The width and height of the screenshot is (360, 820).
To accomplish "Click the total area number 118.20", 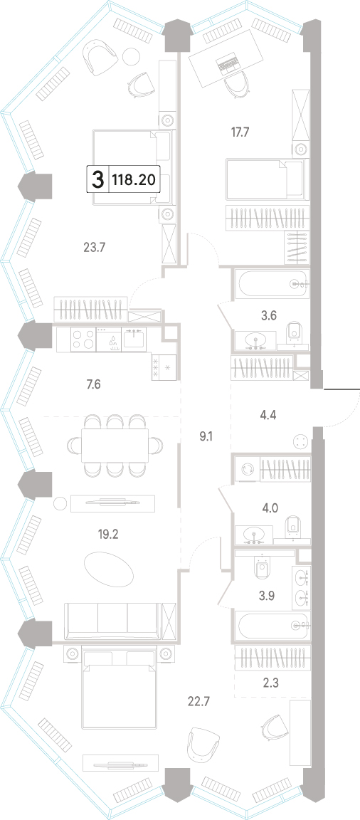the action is pyautogui.click(x=133, y=180).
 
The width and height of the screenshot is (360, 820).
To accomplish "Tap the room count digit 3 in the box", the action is pyautogui.click(x=97, y=181).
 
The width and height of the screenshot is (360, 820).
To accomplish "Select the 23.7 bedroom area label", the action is pyautogui.click(x=95, y=248).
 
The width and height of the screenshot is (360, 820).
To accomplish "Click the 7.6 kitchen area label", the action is pyautogui.click(x=93, y=386).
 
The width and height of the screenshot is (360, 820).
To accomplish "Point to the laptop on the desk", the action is pyautogui.click(x=227, y=63).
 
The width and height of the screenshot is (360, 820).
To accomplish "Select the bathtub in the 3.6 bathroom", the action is pyautogui.click(x=273, y=284).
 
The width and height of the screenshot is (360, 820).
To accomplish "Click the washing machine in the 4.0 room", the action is pyautogui.click(x=247, y=468).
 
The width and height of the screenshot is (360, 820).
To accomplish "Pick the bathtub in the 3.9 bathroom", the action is pyautogui.click(x=272, y=624).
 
